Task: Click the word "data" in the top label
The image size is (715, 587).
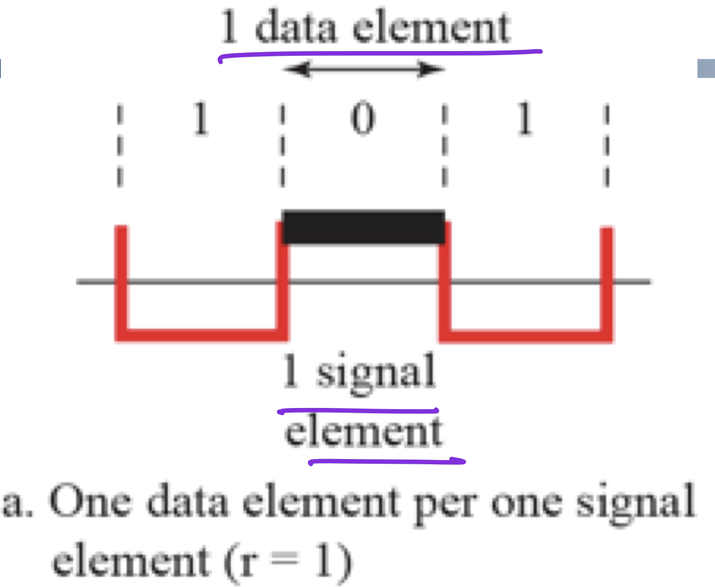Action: click(x=296, y=28)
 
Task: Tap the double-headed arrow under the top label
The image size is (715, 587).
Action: click(x=364, y=70)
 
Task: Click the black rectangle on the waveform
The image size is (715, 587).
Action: click(x=363, y=227)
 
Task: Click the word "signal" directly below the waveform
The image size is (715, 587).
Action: click(x=376, y=373)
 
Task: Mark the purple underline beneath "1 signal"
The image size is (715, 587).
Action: click(x=358, y=411)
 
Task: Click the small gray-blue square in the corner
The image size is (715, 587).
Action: click(x=706, y=69)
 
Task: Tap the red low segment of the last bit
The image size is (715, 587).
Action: click(x=526, y=335)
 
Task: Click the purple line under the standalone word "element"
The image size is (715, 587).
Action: click(x=387, y=461)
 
